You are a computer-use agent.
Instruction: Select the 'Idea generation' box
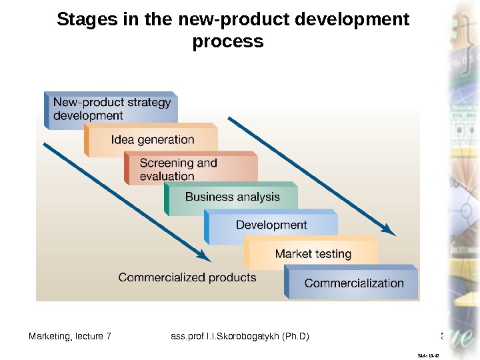coord(152,140)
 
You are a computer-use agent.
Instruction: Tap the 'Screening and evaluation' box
coord(191,169)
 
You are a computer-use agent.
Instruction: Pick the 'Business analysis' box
coord(232,197)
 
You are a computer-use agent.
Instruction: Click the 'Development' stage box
coord(271,225)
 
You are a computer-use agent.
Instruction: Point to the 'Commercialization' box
coord(353,283)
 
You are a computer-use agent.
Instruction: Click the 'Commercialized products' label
coord(187,277)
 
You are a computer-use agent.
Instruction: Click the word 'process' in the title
coord(228,41)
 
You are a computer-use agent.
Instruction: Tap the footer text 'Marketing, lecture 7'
coord(70,335)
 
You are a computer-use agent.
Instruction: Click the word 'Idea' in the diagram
coord(122,140)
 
